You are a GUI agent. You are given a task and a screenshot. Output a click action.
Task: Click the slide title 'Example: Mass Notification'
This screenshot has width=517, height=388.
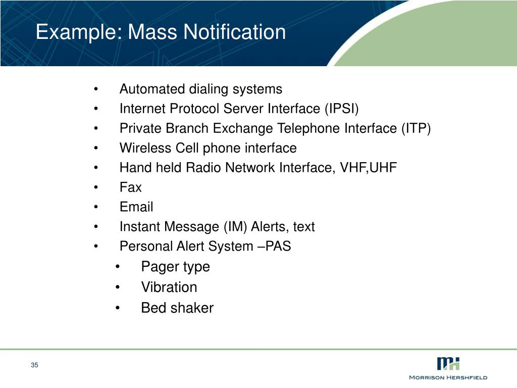[161, 32]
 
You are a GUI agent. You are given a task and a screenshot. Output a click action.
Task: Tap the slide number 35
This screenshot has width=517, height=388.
[34, 365]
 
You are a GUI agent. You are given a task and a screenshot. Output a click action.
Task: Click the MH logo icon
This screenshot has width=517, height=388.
[448, 363]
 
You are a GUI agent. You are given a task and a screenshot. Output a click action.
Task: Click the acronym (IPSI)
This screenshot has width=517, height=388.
[341, 109]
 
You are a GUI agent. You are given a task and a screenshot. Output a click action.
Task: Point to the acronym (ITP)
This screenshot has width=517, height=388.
[416, 128]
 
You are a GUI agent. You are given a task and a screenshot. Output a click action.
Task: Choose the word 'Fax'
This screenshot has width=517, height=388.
[130, 187]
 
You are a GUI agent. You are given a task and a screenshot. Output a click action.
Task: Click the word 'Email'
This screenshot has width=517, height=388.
[136, 207]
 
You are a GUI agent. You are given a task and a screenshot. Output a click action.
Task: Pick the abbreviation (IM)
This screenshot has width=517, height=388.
[237, 227]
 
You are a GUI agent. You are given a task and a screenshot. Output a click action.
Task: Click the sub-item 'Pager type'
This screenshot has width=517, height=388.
[175, 267]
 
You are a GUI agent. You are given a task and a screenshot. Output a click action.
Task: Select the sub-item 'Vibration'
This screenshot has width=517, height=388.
[169, 287]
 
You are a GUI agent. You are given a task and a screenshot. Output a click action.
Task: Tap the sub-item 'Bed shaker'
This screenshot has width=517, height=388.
[177, 308]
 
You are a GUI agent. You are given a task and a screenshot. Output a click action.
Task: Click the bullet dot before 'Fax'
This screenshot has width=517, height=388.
[95, 187]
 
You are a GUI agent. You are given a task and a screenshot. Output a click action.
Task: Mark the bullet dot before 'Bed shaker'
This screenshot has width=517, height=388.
[117, 308]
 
